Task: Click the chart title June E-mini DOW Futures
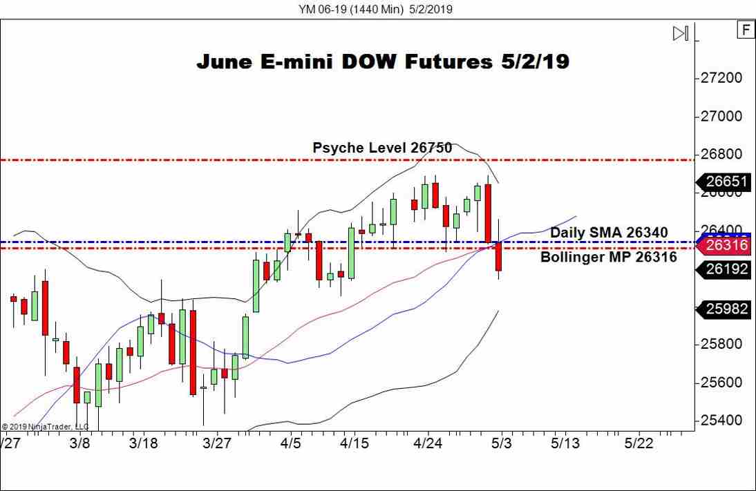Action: [382, 61]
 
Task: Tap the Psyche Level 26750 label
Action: [382, 148]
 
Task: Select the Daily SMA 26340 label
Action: [608, 233]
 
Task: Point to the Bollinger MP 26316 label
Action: [608, 258]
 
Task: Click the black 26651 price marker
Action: [727, 182]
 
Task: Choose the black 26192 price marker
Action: [727, 269]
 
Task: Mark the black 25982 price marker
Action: [727, 309]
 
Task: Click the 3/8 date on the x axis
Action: [80, 443]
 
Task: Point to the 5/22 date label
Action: [638, 443]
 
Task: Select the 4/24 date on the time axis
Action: [427, 443]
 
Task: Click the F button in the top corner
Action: [746, 30]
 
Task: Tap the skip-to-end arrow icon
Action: [681, 33]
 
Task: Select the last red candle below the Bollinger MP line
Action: [498, 259]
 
